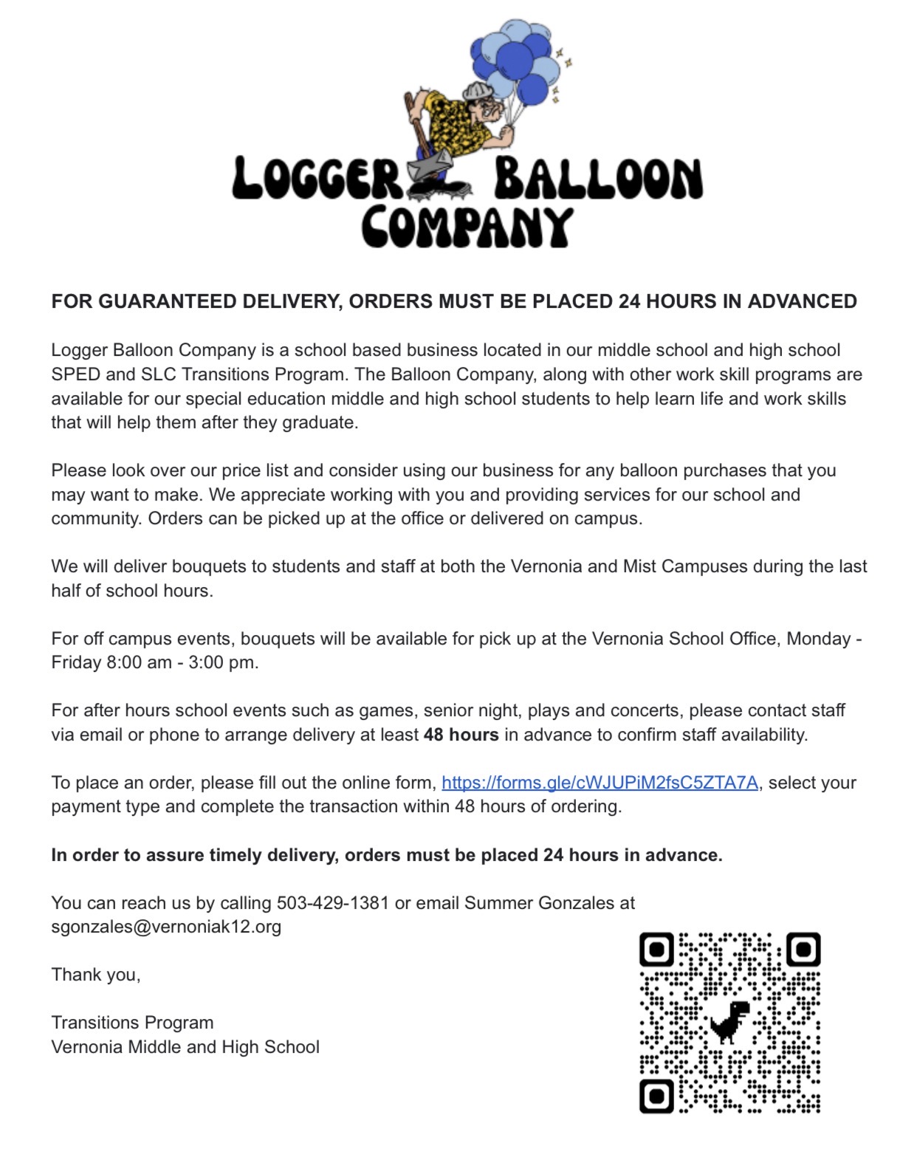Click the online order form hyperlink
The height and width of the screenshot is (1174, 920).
click(x=600, y=783)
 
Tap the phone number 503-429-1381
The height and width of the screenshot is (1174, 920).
click(x=332, y=903)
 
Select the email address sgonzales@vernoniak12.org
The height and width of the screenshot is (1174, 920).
click(x=166, y=927)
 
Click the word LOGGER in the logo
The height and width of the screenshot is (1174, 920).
click(x=316, y=179)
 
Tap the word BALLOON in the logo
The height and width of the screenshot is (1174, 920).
click(x=598, y=179)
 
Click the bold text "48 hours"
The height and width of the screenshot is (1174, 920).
click(x=461, y=735)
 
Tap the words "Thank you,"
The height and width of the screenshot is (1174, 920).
click(x=96, y=975)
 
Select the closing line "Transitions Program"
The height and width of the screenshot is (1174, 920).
click(x=132, y=1023)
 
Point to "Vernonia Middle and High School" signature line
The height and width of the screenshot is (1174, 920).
click(x=185, y=1047)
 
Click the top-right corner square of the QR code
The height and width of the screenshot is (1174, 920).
click(x=803, y=950)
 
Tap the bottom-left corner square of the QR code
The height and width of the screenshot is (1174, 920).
click(x=656, y=1096)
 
